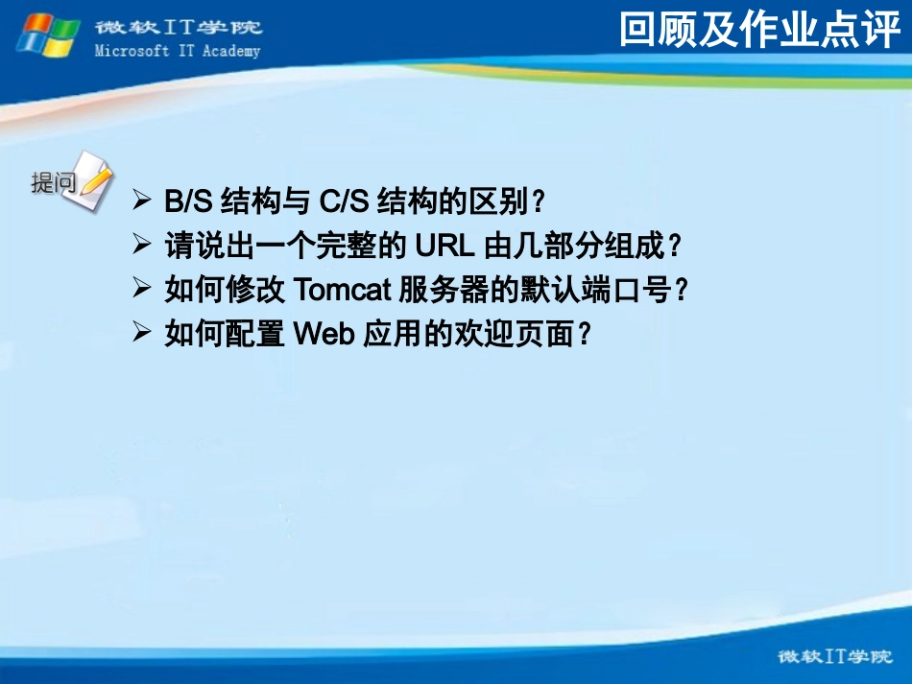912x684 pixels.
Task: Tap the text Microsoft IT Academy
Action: tap(178, 51)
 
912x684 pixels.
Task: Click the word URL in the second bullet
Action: tap(444, 247)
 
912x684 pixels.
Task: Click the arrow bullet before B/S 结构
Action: tap(141, 201)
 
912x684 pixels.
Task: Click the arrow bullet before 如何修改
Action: tap(141, 289)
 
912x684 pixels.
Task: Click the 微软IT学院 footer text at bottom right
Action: tap(827, 657)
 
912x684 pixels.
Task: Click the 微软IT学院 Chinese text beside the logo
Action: tap(178, 28)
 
